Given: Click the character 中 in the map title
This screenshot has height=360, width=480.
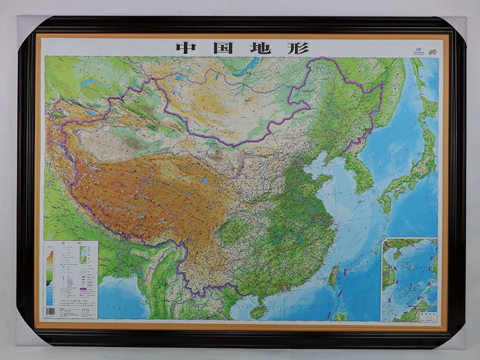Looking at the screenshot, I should (x=184, y=47).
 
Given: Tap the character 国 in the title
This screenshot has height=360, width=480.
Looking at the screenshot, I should (x=222, y=47).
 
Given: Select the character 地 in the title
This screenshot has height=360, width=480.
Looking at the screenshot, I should (x=260, y=47).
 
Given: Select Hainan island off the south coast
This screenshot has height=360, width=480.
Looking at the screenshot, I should (x=258, y=311).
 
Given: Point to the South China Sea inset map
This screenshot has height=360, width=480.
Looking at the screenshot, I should (x=410, y=279).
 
